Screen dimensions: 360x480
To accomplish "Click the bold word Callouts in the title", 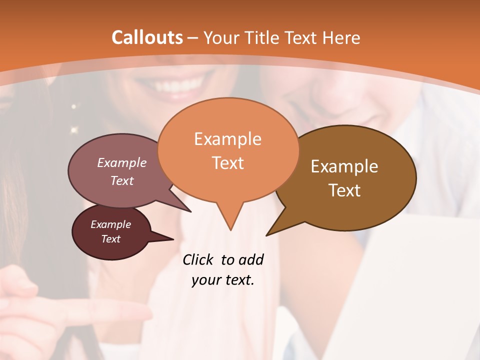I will [x=147, y=37].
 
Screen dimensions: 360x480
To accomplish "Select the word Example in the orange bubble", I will [x=227, y=139].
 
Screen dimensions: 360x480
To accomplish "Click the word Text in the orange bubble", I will [x=227, y=162].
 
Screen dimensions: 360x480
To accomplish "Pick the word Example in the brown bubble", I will [x=344, y=166].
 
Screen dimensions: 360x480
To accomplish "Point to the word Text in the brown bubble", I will [x=344, y=190].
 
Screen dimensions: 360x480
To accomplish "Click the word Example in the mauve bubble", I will [x=122, y=162].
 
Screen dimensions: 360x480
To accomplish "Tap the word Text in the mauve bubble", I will [x=122, y=180].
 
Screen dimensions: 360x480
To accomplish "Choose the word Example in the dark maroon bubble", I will [x=111, y=224].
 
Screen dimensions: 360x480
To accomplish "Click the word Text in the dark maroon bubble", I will [x=111, y=239].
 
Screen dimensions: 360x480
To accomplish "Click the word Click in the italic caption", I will [x=199, y=259].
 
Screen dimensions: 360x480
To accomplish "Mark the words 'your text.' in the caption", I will [x=223, y=280].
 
